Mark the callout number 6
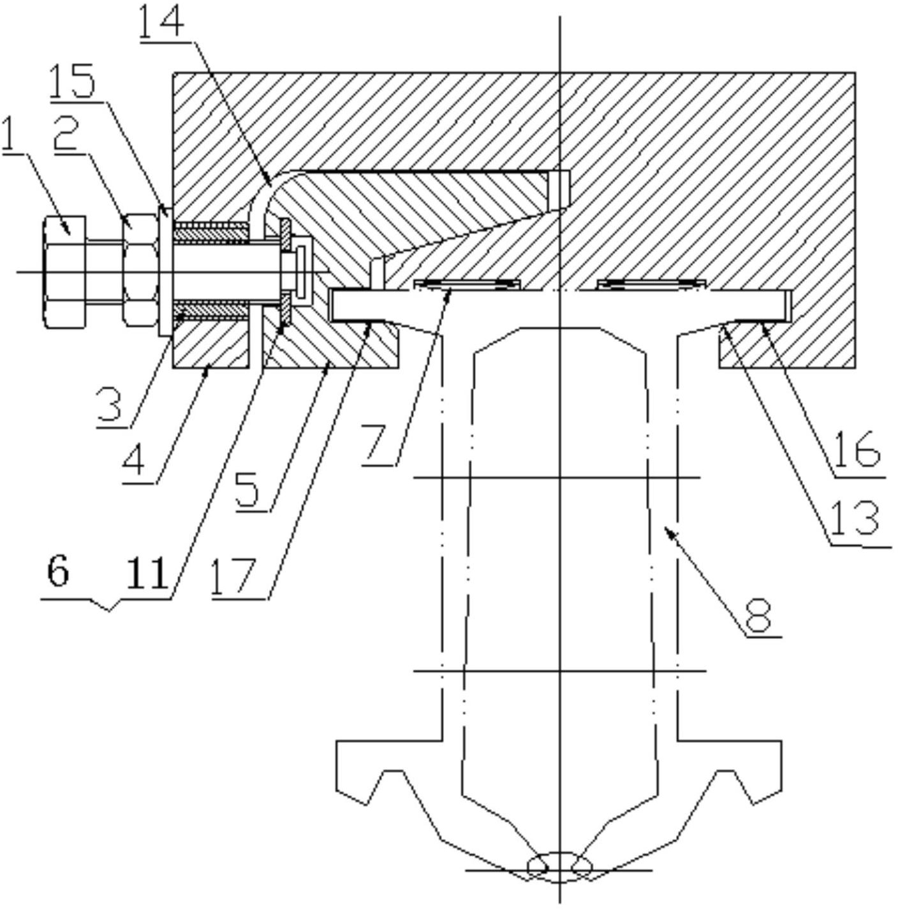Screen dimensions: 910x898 click(57, 572)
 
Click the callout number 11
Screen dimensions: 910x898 click(147, 572)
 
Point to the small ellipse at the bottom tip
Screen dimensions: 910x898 click(559, 866)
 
